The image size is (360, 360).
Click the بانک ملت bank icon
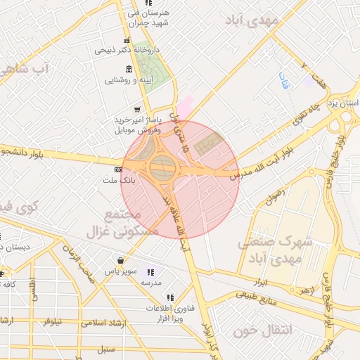pyautogui.click(x=117, y=170)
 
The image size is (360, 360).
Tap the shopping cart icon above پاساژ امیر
pyautogui.click(x=137, y=109)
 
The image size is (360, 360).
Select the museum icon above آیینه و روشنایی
pyautogui.click(x=128, y=69)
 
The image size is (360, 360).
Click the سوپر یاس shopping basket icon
pyautogui.click(x=122, y=259)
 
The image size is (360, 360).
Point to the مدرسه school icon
pyautogui.click(x=150, y=271)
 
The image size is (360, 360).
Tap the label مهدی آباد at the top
pyautogui.click(x=252, y=20)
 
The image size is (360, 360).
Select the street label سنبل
pyautogui.click(x=105, y=348)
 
